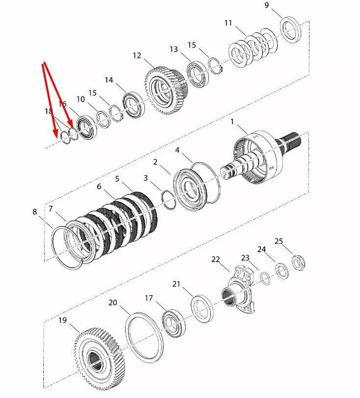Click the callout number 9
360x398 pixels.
coord(266,5)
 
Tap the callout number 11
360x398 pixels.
coord(229,23)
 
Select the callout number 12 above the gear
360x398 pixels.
coord(137,55)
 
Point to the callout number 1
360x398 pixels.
coord(232,122)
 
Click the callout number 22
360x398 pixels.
coord(215,260)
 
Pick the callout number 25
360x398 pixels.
coord(279,241)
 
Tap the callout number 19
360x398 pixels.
coord(63,320)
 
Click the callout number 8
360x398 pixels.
coord(35,212)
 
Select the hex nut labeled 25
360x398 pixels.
coord(298,263)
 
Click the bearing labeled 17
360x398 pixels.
coord(174,323)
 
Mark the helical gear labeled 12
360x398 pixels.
coord(166,91)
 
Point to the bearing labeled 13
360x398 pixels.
coord(198,74)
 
